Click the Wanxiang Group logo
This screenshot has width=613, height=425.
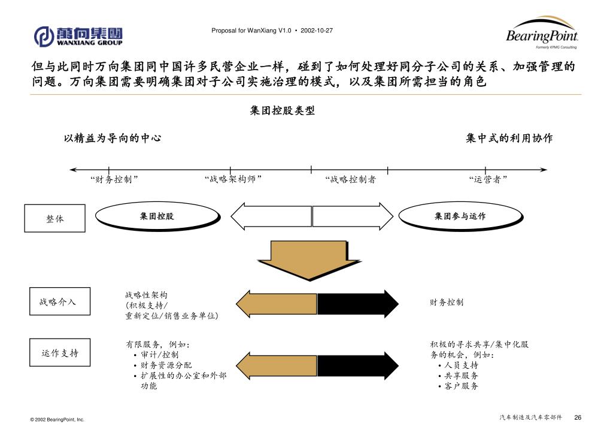[x=78, y=36]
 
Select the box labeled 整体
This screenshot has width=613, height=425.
[x=54, y=219]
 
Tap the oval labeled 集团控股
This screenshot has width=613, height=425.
[x=157, y=216]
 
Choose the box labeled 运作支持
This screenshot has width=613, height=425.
[x=60, y=352]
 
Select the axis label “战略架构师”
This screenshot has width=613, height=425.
[x=233, y=179]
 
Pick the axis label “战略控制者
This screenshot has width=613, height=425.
[x=350, y=179]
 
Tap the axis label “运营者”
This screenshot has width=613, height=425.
[x=488, y=179]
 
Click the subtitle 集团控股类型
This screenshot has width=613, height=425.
[x=282, y=111]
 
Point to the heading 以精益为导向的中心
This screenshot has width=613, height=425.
[x=113, y=138]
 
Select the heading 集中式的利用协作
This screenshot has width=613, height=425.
[x=509, y=138]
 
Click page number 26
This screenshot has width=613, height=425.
[x=578, y=417]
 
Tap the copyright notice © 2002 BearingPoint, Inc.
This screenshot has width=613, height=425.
[x=57, y=420]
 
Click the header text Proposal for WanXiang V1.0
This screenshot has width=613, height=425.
[x=251, y=30]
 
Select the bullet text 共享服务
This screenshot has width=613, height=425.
[x=461, y=375]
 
